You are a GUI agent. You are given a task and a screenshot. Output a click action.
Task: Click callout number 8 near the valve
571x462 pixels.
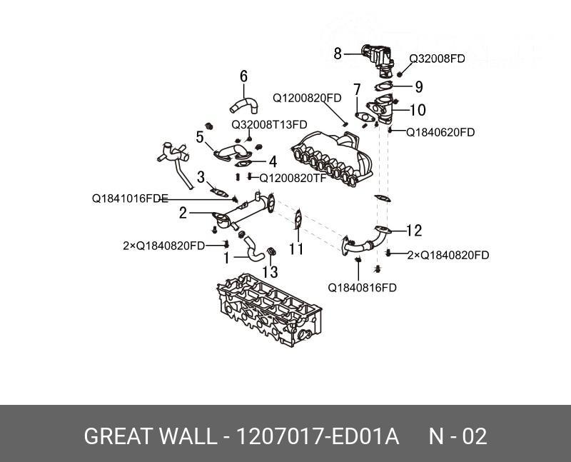pos(339,52)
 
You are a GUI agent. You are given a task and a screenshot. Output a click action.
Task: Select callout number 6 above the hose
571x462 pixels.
pos(243,76)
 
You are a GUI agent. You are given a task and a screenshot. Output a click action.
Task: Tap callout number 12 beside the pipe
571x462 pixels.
pos(415,231)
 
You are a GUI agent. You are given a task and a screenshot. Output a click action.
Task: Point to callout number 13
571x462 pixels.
pos(270,272)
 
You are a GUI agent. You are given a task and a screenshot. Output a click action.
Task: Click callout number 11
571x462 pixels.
pos(296,249)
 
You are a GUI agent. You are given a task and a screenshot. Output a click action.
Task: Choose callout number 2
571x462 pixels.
pos(183,212)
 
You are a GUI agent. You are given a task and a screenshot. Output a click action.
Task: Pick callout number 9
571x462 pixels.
pos(419,87)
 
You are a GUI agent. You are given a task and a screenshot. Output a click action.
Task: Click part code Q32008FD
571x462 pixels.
pos(437,59)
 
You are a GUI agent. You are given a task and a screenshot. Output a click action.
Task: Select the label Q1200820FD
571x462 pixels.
pos(307,98)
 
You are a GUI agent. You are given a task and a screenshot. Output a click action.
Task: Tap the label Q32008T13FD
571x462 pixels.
pos(268,124)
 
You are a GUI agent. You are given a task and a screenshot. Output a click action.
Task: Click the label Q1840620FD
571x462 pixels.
pos(440,132)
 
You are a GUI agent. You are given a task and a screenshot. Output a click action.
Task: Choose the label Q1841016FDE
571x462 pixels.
pos(130,199)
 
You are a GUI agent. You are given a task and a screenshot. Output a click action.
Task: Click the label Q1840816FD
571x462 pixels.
pos(362,288)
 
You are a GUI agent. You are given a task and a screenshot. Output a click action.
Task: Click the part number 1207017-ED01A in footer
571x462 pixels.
pos(318,436)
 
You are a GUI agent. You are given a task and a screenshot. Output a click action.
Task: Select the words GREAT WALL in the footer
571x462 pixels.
pos(148,436)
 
